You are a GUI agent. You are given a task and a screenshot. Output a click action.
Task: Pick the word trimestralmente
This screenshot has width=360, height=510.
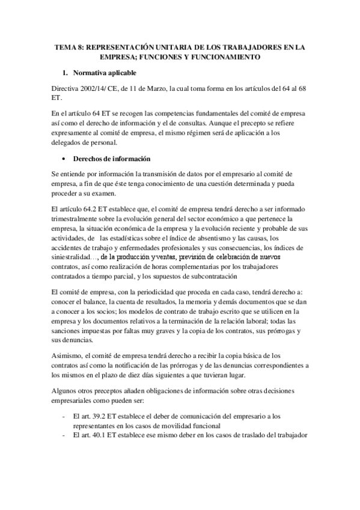coord(80,220)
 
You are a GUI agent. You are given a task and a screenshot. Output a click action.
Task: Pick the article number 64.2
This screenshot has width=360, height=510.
coord(88,210)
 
